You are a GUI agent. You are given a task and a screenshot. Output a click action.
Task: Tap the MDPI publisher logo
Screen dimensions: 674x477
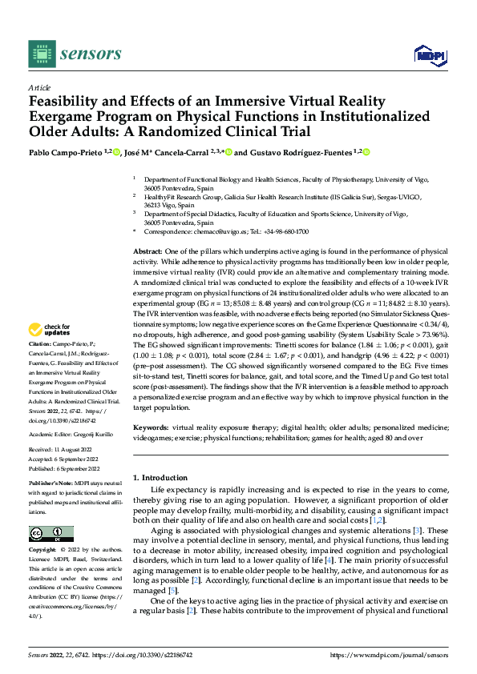(429, 54)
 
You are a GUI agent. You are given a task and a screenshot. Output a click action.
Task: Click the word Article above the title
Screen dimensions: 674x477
(39, 86)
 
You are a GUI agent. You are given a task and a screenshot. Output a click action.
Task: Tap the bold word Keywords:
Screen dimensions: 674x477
(152, 429)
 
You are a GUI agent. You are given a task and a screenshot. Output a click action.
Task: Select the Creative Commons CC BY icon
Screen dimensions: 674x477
(51, 534)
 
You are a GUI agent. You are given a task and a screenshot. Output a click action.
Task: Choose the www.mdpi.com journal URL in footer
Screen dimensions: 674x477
(388, 655)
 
